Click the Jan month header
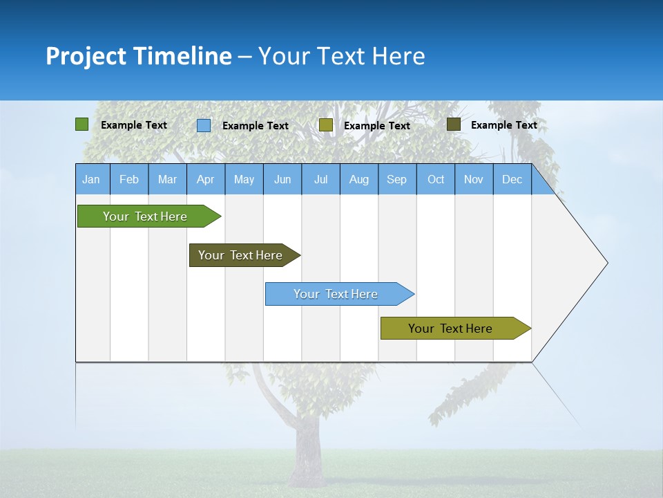click(91, 179)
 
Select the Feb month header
click(129, 179)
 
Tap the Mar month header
click(167, 179)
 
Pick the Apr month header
click(206, 179)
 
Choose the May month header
click(244, 179)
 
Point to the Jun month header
click(282, 179)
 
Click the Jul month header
click(320, 179)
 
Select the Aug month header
click(359, 179)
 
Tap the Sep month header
click(397, 179)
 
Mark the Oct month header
click(436, 179)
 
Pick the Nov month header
click(474, 179)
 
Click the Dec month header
click(512, 179)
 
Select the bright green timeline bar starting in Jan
click(145, 216)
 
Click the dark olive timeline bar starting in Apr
click(240, 255)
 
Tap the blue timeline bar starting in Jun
click(336, 294)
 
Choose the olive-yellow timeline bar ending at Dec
click(450, 329)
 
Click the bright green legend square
click(81, 124)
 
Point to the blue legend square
click(204, 125)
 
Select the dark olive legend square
click(453, 124)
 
